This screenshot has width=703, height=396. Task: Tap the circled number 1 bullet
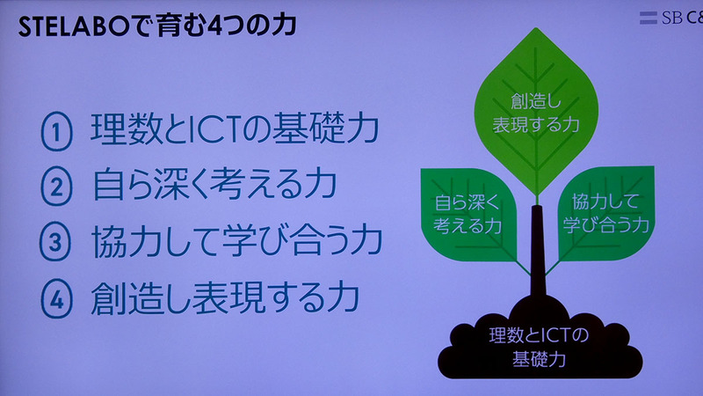pos(55,132)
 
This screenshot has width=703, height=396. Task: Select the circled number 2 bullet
pos(55,187)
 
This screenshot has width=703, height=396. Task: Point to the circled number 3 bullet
pos(55,243)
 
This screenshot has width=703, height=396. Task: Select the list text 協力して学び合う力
pos(237,243)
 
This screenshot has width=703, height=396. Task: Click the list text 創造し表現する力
pos(224,298)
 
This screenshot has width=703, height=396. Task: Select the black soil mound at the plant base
pos(535,348)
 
